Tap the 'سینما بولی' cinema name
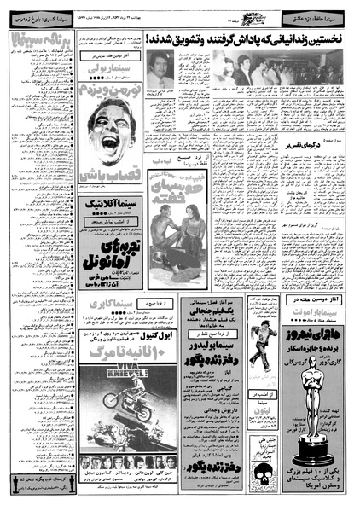click(x=109, y=88)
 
